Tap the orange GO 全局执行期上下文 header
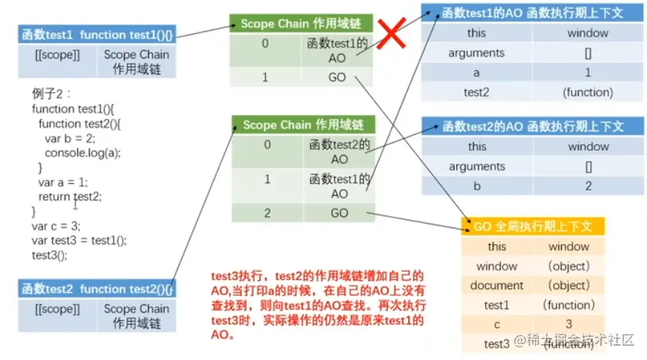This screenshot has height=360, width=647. [533, 226]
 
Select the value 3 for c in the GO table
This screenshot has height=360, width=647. [569, 325]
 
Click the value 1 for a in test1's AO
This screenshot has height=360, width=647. [587, 73]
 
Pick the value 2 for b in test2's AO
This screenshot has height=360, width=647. [587, 186]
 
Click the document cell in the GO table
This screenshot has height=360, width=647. [496, 285]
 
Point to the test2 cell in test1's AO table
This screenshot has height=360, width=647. [476, 93]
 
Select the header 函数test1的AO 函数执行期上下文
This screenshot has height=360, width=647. [533, 13]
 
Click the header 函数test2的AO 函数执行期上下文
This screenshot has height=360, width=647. [533, 126]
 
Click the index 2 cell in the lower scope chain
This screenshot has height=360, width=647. [267, 213]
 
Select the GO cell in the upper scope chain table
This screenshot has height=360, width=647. [338, 78]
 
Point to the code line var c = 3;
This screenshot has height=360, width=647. [56, 225]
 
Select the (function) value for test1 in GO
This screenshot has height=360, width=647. [569, 305]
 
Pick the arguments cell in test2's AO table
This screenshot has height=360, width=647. [476, 166]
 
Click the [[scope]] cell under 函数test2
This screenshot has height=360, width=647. [57, 309]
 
